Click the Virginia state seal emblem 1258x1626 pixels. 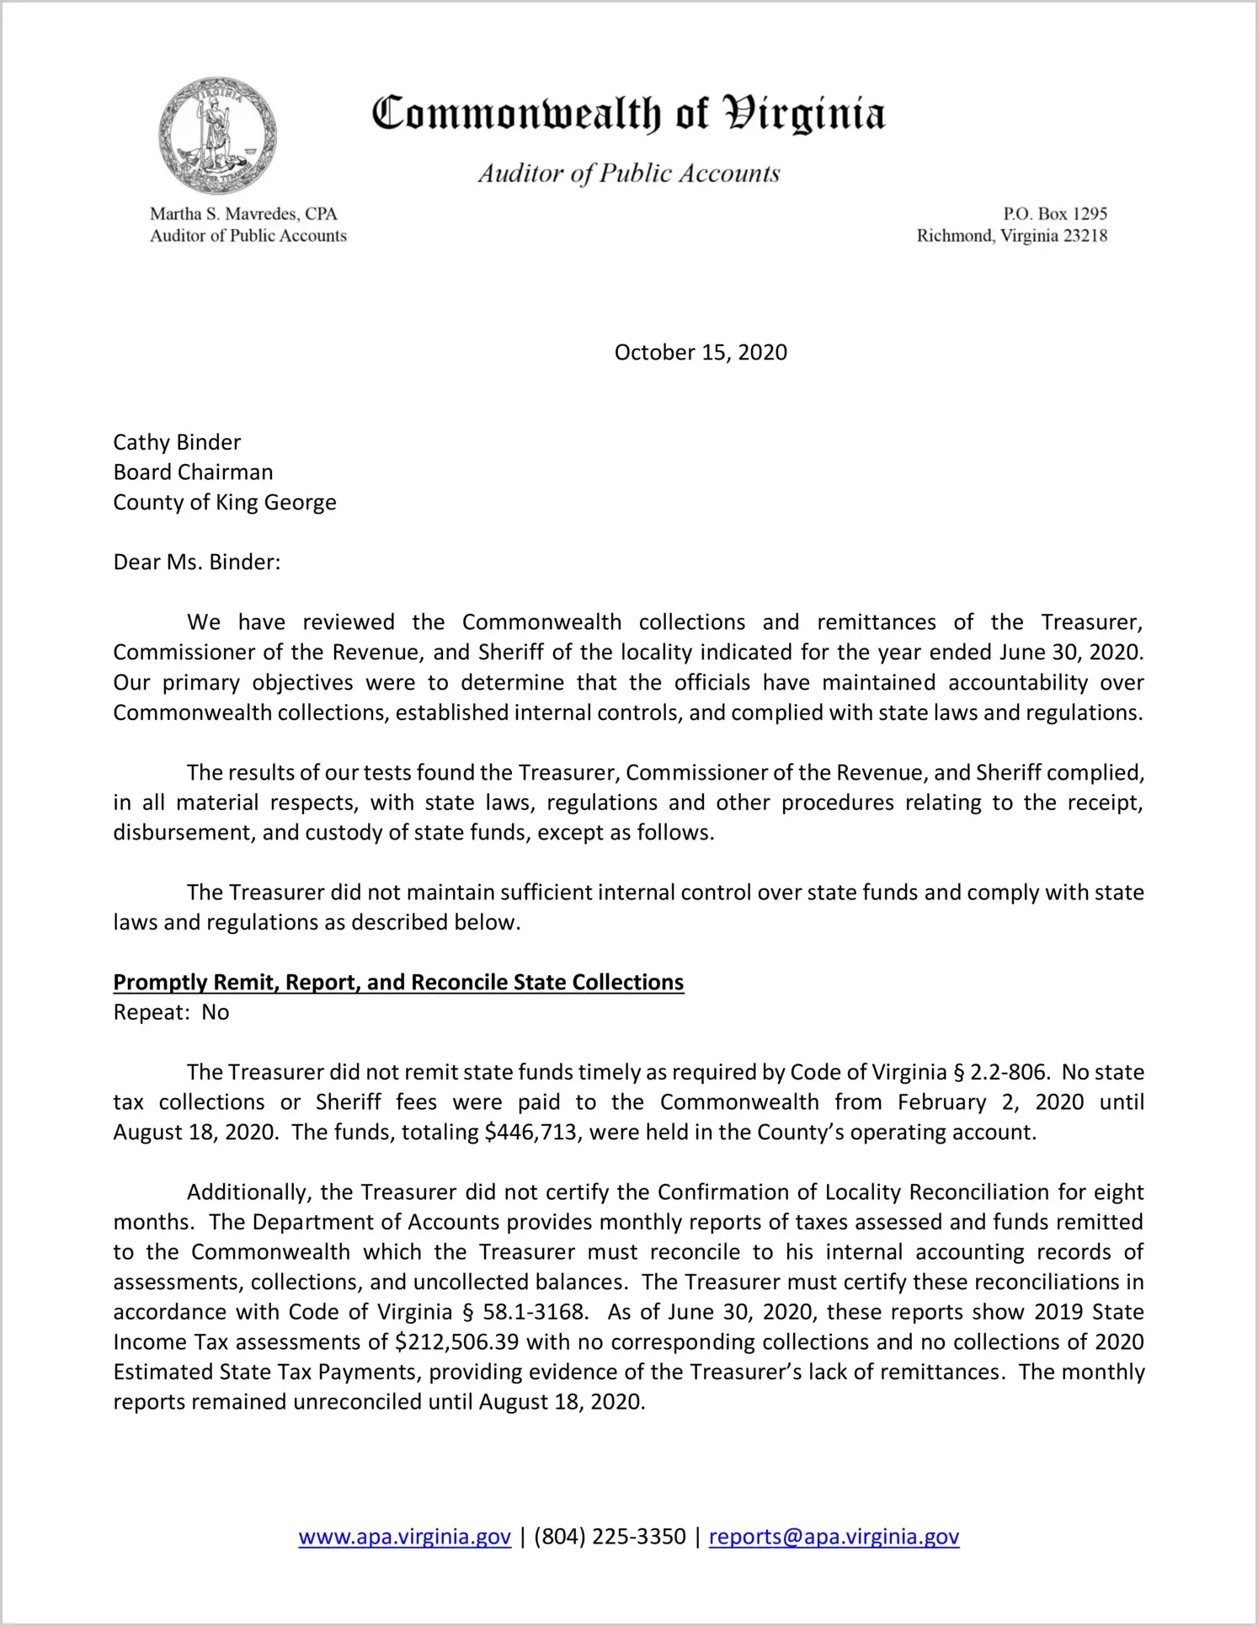click(x=217, y=136)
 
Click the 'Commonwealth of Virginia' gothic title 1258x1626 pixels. click(x=628, y=115)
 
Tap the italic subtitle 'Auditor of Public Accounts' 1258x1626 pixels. click(x=629, y=173)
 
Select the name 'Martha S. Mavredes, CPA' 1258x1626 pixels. click(x=243, y=214)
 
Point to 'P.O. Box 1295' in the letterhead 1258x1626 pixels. click(x=1054, y=214)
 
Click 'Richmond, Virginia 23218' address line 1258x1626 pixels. click(x=1011, y=236)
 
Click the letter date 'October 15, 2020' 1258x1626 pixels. click(x=701, y=352)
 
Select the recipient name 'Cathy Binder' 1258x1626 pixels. click(x=177, y=442)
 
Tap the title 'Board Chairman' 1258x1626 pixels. click(x=193, y=472)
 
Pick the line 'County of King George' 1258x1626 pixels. click(x=225, y=503)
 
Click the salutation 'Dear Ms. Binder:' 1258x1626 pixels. click(x=197, y=562)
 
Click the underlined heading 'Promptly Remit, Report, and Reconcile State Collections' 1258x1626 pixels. click(x=398, y=983)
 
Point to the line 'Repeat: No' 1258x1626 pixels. click(x=171, y=1012)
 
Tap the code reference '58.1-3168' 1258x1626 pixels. click(x=533, y=1312)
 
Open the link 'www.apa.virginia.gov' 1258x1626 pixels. click(x=404, y=1537)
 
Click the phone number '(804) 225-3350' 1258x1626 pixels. click(x=610, y=1537)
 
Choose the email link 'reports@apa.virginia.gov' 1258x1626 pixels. click(x=834, y=1537)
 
